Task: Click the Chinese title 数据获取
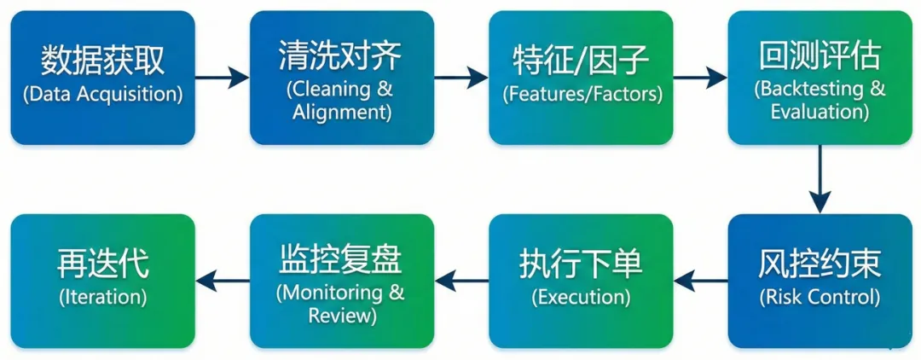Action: tap(102, 61)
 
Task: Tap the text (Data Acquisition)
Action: tap(102, 94)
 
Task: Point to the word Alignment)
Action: tap(342, 112)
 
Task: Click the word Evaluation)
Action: tap(820, 112)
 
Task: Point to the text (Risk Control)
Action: tap(820, 297)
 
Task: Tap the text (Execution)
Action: tap(581, 297)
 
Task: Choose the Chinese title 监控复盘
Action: tap(340, 259)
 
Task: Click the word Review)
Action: tap(341, 315)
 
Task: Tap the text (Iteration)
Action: tap(102, 297)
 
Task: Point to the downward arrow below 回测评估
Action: tap(820, 179)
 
